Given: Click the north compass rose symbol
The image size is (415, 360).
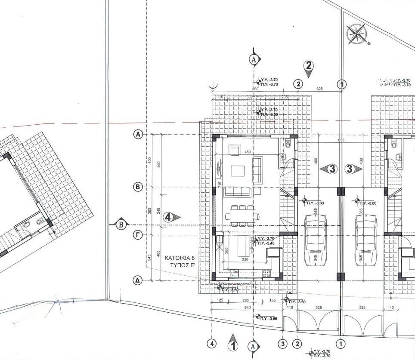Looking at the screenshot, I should pyautogui.click(x=356, y=34).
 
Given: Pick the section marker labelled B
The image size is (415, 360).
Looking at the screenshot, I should pyautogui.click(x=121, y=224).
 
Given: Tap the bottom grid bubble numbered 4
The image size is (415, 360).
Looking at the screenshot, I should pyautogui.click(x=211, y=344).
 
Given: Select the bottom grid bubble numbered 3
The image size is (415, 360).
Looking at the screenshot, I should pyautogui.click(x=283, y=344).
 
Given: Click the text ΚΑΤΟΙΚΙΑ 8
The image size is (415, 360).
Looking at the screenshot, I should pyautogui.click(x=180, y=258).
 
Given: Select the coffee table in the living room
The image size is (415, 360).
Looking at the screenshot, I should pyautogui.click(x=238, y=171).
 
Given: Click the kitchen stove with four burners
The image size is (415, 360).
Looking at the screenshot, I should pyautogui.click(x=266, y=273).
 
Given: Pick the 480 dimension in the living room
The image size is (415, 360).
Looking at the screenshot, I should pyautogui.click(x=247, y=152).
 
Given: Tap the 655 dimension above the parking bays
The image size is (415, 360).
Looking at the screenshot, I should pyautogui.click(x=341, y=140).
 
